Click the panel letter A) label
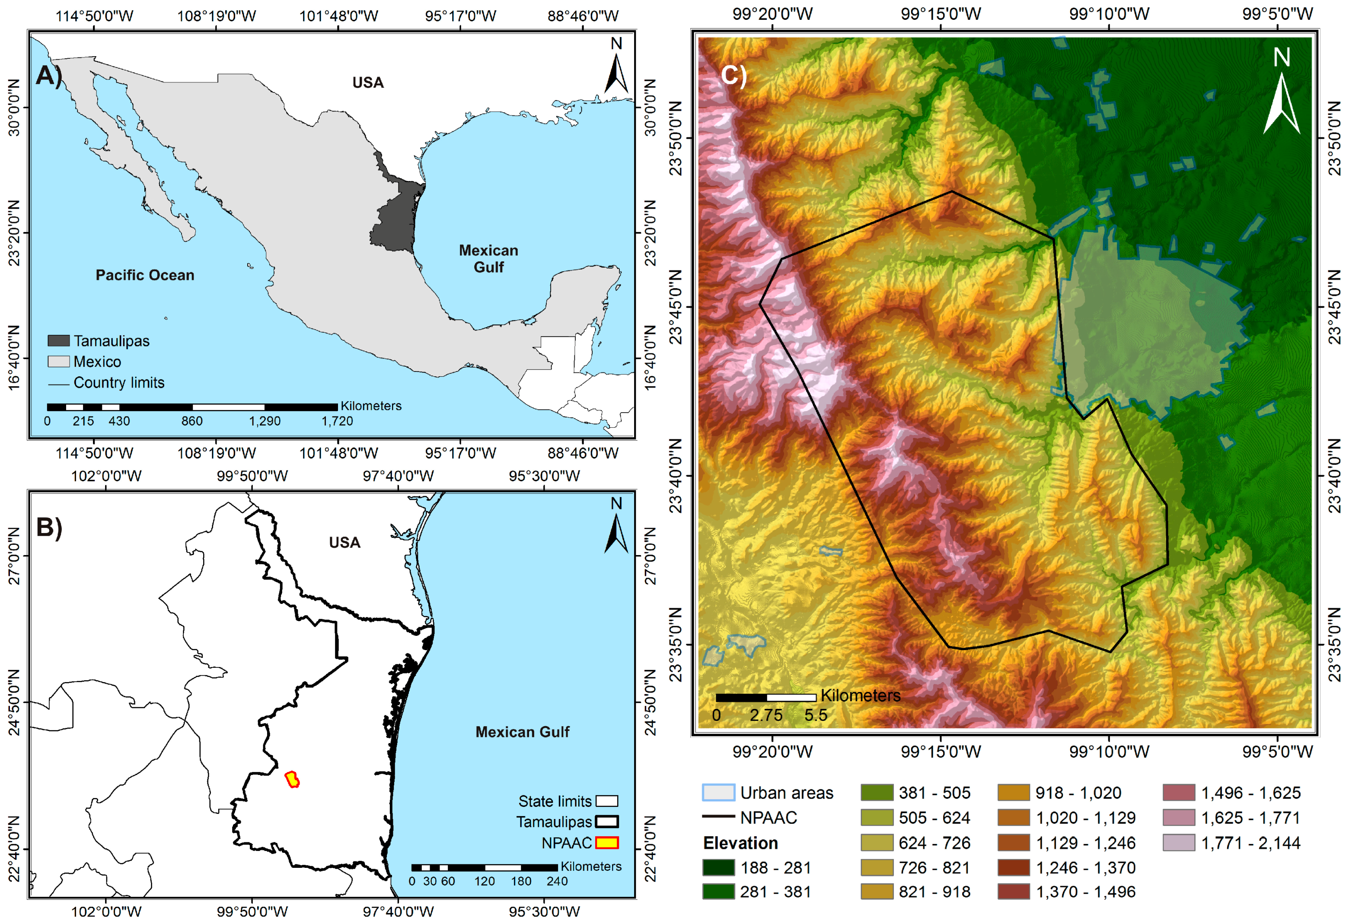tap(48, 76)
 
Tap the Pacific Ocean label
tap(145, 275)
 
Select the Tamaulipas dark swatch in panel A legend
tap(59, 341)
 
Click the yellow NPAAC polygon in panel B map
tap(293, 780)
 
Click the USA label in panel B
tap(344, 543)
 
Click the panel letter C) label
tap(733, 76)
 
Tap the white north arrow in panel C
tap(1281, 105)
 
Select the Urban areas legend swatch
tap(718, 793)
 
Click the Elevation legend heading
tap(740, 843)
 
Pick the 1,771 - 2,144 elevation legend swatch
tap(1179, 843)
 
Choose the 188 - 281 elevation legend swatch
tap(718, 867)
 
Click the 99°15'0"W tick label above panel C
tap(941, 14)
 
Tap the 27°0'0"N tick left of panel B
tap(14, 556)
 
